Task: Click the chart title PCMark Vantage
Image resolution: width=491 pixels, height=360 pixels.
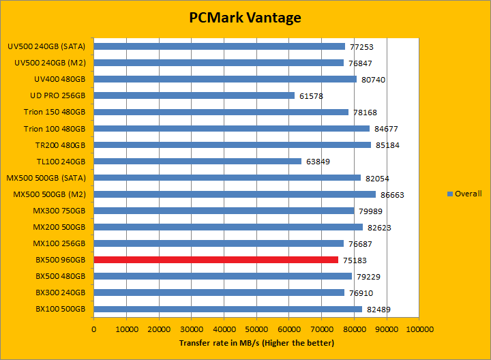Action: (245, 18)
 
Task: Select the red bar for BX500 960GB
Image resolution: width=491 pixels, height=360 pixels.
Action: (215, 260)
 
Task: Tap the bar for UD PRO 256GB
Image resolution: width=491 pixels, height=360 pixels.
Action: (194, 95)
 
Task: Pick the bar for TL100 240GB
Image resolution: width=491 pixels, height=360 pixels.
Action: (197, 162)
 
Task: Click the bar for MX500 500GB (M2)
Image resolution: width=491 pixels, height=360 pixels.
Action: (235, 194)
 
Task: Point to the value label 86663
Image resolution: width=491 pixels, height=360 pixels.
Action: (392, 194)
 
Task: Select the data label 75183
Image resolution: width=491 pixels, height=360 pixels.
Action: (355, 260)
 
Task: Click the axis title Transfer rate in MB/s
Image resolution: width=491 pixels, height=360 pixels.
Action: (256, 342)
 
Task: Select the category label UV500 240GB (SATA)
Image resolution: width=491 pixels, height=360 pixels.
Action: (46, 46)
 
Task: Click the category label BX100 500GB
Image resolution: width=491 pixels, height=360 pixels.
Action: (60, 309)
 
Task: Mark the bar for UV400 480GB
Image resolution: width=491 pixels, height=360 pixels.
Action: (225, 79)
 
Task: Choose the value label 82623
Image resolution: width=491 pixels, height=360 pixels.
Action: (379, 227)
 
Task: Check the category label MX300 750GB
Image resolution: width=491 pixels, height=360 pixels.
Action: (59, 211)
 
